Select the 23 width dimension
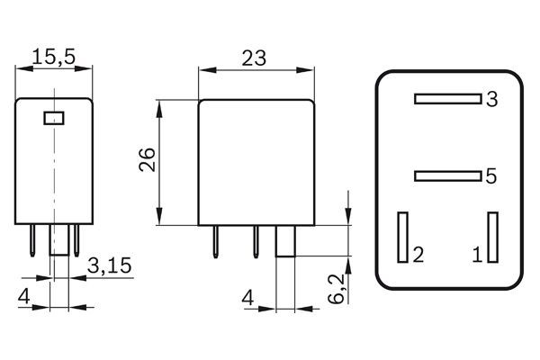coord(254,58)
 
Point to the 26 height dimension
coord(148,159)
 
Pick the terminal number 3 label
coord(490,99)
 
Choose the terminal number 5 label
coord(490,176)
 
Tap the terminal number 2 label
coord(418,255)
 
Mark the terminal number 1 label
coord(477,255)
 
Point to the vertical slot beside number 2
coord(403,237)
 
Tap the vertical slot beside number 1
coord(492,237)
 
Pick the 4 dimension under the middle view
coord(246,295)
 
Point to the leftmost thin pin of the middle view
coord(217,239)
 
